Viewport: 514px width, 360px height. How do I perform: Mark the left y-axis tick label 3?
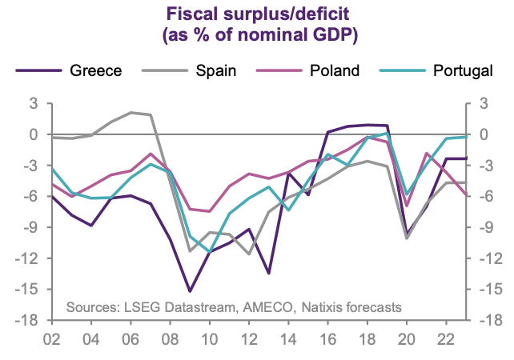(x=34, y=104)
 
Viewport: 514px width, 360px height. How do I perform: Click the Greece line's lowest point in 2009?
(x=189, y=291)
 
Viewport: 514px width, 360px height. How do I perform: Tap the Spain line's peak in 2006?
(x=131, y=113)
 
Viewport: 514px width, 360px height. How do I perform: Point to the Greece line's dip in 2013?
(x=268, y=274)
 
